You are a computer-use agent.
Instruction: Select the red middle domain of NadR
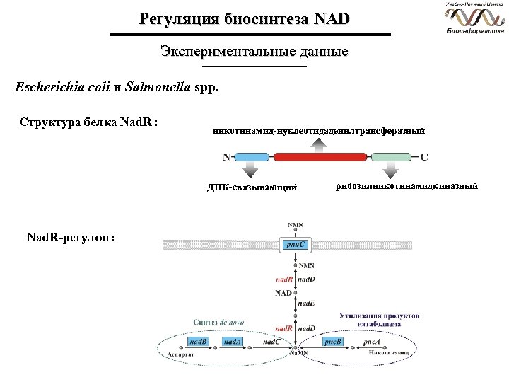pos(321,157)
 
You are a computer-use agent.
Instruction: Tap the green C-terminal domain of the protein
pos(392,157)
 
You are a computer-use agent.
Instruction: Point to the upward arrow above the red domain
pos(321,144)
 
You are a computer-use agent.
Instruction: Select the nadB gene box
pos(199,342)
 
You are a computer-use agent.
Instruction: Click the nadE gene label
pos(306,303)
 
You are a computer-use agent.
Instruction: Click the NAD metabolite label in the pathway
pos(283,291)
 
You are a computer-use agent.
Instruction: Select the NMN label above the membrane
pos(295,225)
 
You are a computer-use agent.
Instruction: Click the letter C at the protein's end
pos(424,157)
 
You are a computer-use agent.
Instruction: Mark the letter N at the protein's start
pos(226,157)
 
